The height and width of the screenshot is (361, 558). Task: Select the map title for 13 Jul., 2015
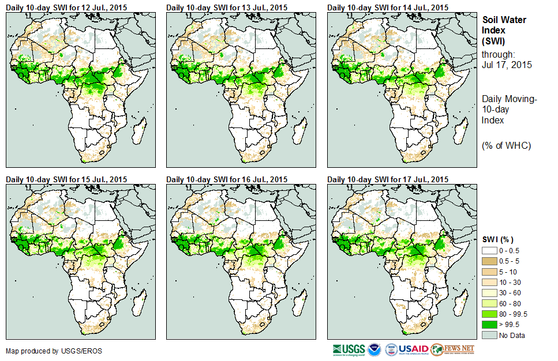227,7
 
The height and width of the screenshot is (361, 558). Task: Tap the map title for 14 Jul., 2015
388,7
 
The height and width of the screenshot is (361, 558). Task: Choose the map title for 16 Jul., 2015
227,180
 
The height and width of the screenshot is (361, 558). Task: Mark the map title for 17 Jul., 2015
388,180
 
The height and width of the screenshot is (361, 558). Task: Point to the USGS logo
349,349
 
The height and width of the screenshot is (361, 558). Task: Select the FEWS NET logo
453,349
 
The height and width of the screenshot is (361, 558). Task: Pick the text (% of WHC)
506,145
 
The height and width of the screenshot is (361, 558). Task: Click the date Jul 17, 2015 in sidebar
507,65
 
